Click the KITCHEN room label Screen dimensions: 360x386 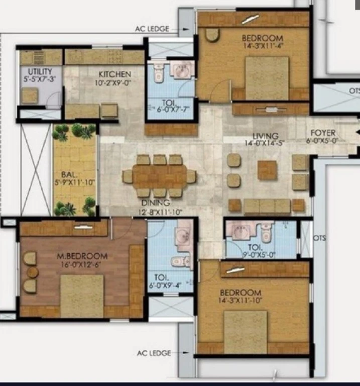[x=115, y=74]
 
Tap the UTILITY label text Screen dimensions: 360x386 [x=40, y=72]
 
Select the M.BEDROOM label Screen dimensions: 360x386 [x=82, y=256]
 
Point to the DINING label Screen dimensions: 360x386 [x=156, y=203]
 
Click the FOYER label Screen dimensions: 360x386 [x=323, y=133]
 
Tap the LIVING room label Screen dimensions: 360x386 [x=266, y=136]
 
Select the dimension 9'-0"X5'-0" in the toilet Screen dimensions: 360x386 [x=256, y=255]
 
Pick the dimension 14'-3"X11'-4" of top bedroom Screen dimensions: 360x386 [x=264, y=46]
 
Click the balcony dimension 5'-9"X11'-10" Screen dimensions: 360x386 [x=75, y=182]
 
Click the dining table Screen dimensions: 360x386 [x=159, y=176]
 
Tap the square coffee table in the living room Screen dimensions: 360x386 [x=267, y=170]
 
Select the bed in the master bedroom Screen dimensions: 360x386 [x=82, y=296]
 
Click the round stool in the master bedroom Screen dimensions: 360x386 [x=33, y=272]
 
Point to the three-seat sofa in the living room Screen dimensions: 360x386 [x=267, y=206]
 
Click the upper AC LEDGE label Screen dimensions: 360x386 [x=152, y=29]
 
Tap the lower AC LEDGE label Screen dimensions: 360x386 [x=154, y=353]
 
